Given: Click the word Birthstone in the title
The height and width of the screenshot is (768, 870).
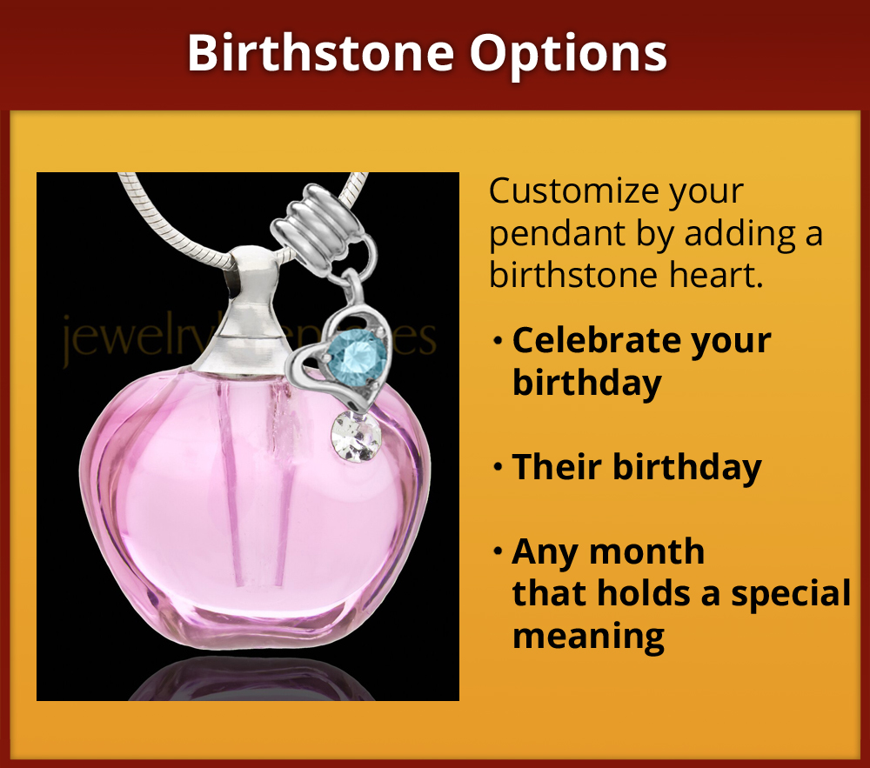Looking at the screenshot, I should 320,54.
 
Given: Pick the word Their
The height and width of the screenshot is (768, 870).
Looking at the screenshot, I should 555,467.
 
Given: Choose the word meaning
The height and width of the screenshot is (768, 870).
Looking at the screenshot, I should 588,636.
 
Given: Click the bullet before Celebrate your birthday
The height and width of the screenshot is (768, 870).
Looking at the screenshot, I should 497,340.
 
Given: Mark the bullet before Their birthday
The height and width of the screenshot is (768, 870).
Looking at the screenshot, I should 497,467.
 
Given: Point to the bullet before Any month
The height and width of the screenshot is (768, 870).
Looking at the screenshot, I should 497,551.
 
